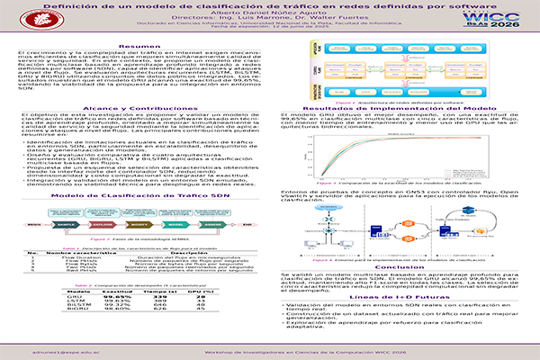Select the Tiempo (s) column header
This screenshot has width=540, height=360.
pos(162,291)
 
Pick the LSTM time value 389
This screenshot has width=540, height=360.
pos(162,301)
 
